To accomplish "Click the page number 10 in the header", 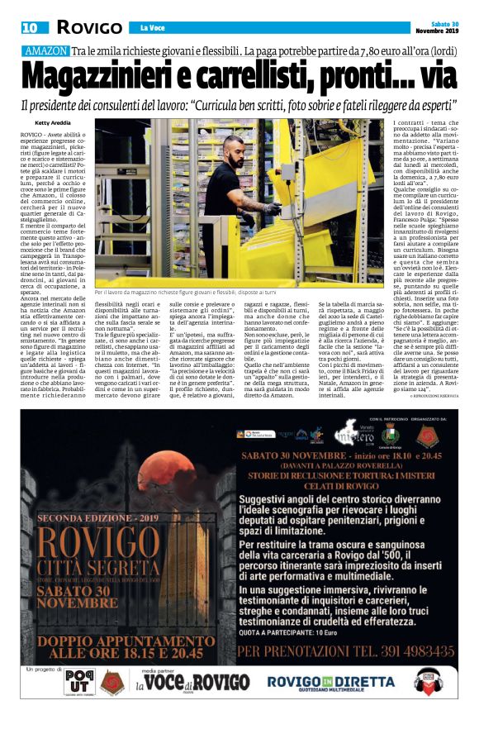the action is point(30,27).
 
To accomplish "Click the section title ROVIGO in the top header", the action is point(89,27).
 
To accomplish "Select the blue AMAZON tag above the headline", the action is point(46,51).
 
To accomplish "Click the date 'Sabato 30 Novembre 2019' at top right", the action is point(436,26).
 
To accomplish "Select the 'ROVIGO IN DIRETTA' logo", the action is point(331,683).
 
